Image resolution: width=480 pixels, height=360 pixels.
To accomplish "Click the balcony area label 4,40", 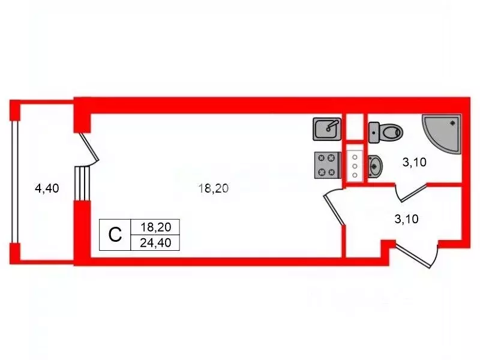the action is [47, 188].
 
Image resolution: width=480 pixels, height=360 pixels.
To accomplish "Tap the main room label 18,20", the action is [214, 188].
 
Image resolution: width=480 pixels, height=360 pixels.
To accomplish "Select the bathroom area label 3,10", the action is [414, 162].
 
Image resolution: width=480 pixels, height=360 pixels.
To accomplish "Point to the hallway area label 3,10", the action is [406, 219].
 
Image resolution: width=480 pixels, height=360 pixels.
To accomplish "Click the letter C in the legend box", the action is [115, 235].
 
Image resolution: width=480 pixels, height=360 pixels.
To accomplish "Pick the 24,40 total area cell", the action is [155, 243].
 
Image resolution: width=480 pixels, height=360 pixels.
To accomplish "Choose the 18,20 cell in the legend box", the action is [155, 227].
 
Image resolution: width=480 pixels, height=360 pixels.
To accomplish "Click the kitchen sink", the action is [327, 129].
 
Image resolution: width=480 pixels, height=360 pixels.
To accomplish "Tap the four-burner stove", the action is [328, 166].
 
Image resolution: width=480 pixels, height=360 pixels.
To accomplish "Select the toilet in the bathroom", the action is [386, 133].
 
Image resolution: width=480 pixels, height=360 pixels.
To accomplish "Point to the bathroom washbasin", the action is [375, 167].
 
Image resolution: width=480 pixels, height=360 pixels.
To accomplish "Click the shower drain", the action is [453, 123].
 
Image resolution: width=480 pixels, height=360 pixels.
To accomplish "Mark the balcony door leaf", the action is [89, 146].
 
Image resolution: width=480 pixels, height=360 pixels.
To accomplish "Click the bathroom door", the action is [414, 193].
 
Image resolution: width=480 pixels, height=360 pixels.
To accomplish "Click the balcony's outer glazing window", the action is [14, 182].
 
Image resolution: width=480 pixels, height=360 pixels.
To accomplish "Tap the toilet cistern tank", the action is [374, 133].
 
